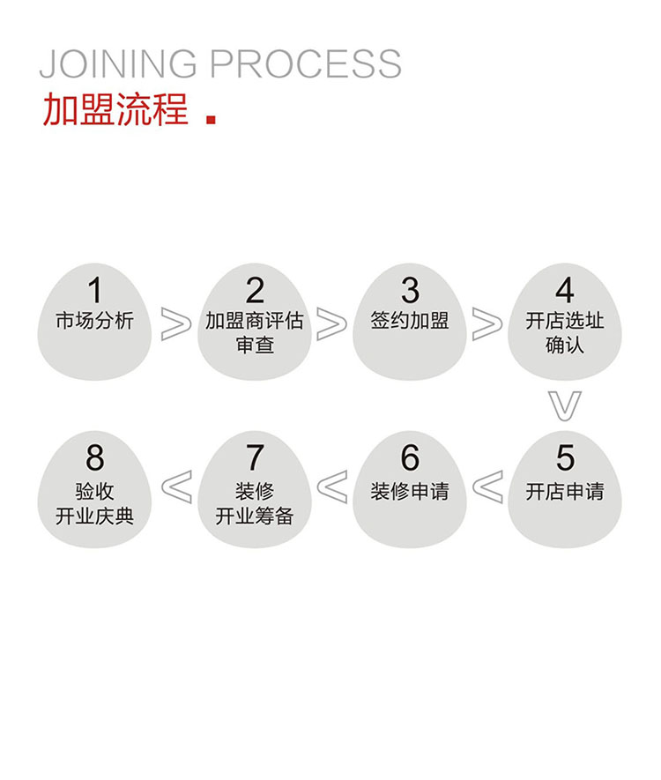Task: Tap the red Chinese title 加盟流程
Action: (x=115, y=110)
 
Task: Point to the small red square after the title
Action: (x=211, y=119)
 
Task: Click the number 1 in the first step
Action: (x=94, y=291)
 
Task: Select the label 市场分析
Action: (x=94, y=321)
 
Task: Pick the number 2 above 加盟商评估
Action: (x=255, y=291)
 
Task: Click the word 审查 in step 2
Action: (x=255, y=345)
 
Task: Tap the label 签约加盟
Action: (x=410, y=321)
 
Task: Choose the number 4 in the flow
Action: (x=565, y=291)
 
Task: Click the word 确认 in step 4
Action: (x=565, y=345)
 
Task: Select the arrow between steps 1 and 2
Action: (x=176, y=324)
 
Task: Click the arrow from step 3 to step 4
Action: (x=487, y=324)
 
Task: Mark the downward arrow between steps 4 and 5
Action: (x=565, y=404)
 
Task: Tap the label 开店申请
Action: (x=565, y=491)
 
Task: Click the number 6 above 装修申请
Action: (x=410, y=458)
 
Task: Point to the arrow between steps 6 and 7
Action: (x=332, y=487)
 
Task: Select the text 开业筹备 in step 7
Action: (x=255, y=516)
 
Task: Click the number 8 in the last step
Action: (x=94, y=458)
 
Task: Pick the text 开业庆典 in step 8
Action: (x=94, y=516)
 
